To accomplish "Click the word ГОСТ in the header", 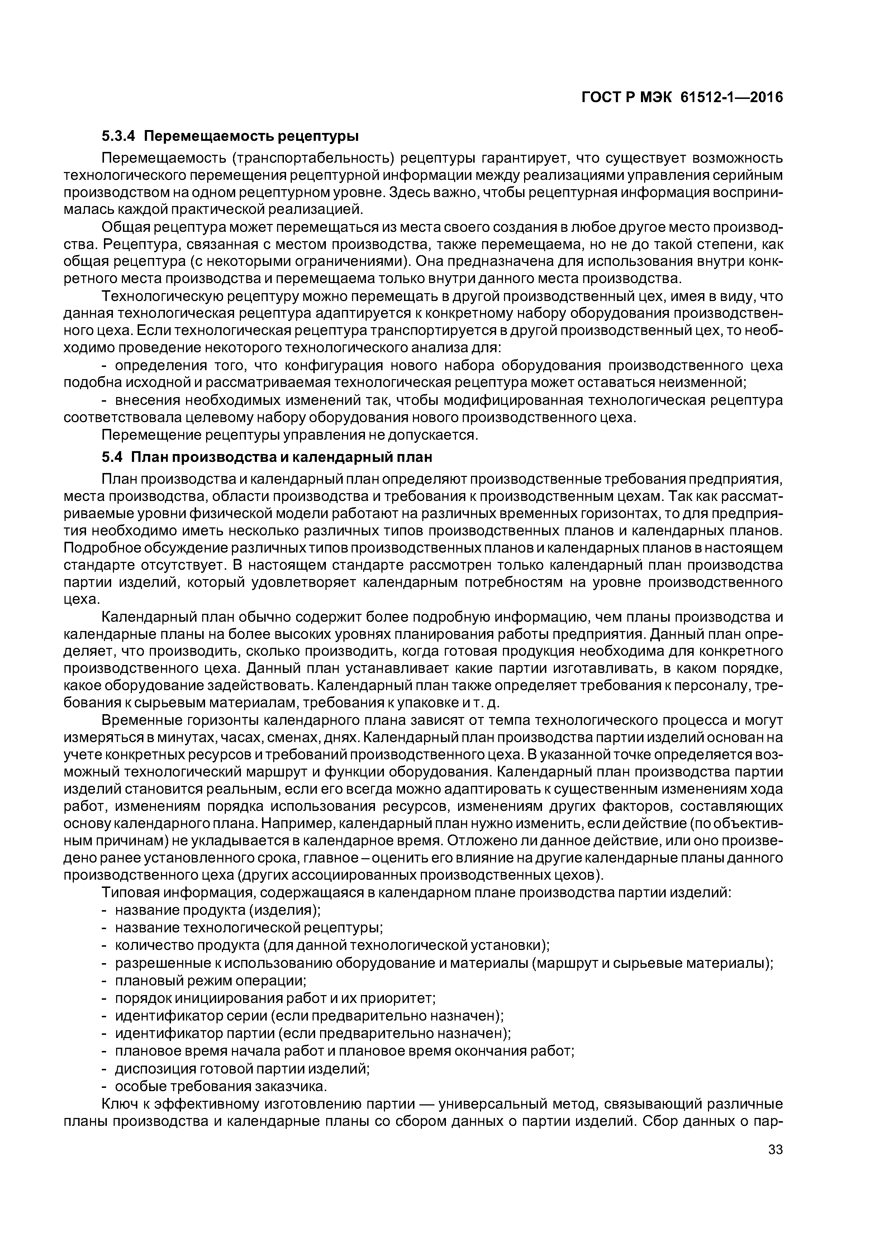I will pos(602,97).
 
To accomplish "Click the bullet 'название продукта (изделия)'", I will pos(218,910).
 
